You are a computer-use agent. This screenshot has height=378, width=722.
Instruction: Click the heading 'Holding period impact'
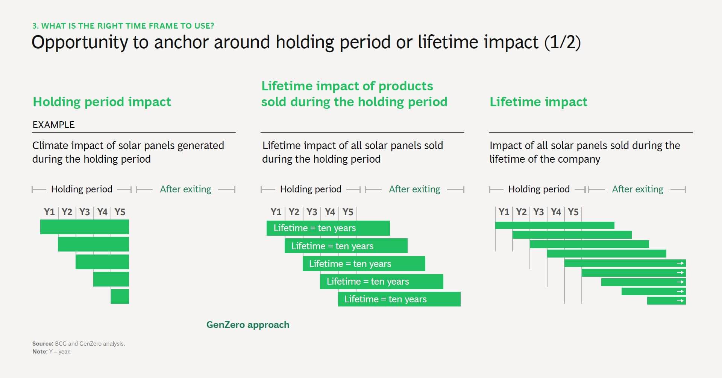click(102, 102)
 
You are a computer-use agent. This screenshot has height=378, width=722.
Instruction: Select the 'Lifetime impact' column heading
click(538, 102)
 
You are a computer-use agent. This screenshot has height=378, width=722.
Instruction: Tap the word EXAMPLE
click(53, 125)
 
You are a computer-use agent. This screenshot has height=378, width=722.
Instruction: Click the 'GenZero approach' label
click(248, 325)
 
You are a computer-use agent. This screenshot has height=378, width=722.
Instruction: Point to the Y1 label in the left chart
click(49, 212)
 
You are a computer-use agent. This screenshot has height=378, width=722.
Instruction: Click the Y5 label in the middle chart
click(348, 212)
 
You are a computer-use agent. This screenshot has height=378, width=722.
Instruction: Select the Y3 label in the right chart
click(538, 212)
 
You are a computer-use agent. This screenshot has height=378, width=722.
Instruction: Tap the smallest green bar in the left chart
click(120, 296)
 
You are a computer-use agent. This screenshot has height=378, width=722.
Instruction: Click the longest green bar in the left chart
click(85, 227)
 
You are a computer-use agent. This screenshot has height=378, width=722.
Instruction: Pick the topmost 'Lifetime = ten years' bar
click(328, 228)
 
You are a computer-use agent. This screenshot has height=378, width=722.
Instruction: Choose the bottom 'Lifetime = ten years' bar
click(399, 299)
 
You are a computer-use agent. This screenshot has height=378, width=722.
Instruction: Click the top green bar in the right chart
click(555, 226)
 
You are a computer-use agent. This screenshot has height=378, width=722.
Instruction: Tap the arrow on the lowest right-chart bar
click(680, 301)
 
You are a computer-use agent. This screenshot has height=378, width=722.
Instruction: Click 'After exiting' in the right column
click(637, 189)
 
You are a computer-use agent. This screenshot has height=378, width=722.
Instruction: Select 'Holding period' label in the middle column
click(311, 189)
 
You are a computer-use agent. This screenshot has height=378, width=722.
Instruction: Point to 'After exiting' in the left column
click(185, 189)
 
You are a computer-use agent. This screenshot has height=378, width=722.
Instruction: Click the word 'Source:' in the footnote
click(42, 344)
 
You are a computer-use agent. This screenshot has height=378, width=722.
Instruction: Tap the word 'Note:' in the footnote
click(40, 352)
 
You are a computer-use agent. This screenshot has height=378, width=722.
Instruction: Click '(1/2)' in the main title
click(563, 42)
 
